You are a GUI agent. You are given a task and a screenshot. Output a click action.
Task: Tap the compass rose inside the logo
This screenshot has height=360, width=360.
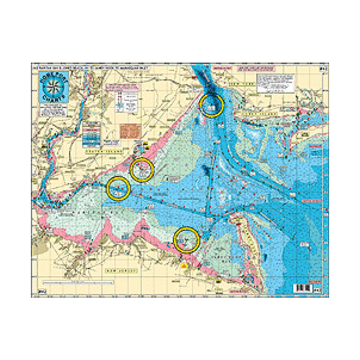tap(51, 83)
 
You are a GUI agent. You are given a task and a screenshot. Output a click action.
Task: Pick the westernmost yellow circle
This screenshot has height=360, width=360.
tap(119, 188)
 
